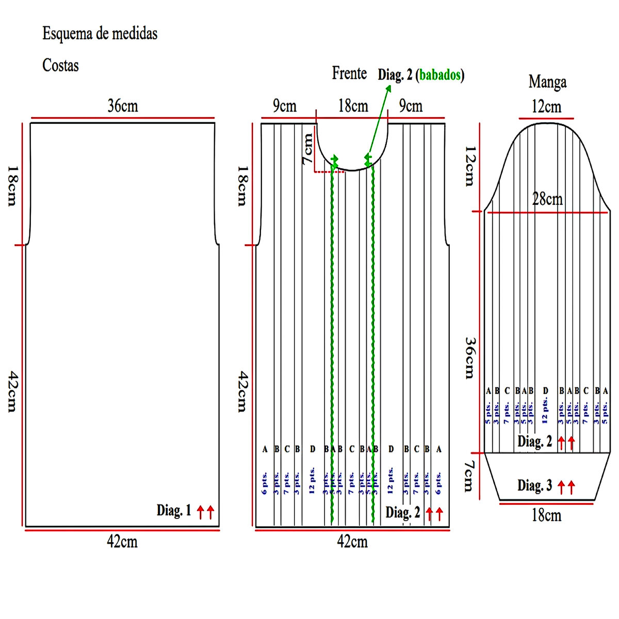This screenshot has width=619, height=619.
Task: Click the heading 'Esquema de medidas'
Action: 100,34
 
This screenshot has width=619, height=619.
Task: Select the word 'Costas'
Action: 60,66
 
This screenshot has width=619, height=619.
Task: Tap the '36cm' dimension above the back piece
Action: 123,106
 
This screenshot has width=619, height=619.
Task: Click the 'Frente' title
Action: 349,74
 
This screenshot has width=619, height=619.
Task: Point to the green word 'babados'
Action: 439,75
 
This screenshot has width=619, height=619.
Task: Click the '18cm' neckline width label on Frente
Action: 353,106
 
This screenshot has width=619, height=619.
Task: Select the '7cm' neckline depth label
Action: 307,149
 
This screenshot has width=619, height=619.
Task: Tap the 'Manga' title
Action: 547,82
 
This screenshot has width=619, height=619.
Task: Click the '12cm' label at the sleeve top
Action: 546,107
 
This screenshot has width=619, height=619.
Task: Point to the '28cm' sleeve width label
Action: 547,199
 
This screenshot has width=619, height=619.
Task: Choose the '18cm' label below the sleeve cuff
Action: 546,515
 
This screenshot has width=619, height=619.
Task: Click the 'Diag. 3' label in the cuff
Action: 535,486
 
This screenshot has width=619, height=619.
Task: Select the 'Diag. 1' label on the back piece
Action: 174,511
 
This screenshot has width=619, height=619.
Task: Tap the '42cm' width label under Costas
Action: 122,542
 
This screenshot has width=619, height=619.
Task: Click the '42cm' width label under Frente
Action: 352,542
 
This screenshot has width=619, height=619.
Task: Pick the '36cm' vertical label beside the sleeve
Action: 469,358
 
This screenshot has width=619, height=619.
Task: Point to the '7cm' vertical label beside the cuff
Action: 468,476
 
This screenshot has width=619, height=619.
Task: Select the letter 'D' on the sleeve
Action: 545,391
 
